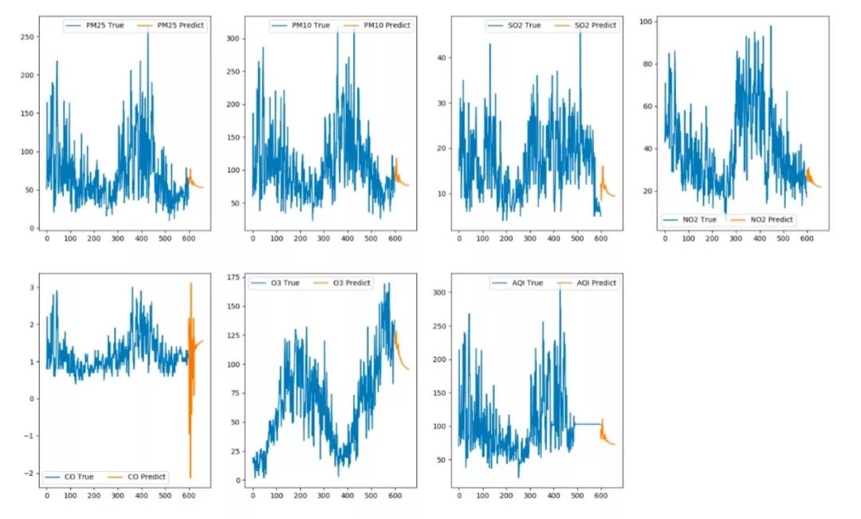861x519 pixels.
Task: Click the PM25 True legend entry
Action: click(x=99, y=26)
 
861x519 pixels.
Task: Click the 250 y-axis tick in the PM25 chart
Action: click(x=28, y=37)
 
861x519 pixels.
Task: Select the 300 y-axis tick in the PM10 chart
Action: click(x=232, y=38)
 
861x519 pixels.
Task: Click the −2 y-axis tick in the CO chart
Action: click(x=29, y=474)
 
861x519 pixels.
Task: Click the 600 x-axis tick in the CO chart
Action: click(x=189, y=494)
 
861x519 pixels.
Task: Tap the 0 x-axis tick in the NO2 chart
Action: click(x=665, y=238)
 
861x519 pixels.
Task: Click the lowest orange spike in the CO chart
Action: click(x=191, y=475)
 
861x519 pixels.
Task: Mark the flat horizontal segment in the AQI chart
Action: click(x=586, y=423)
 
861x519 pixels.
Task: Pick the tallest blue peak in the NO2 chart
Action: click(x=770, y=27)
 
